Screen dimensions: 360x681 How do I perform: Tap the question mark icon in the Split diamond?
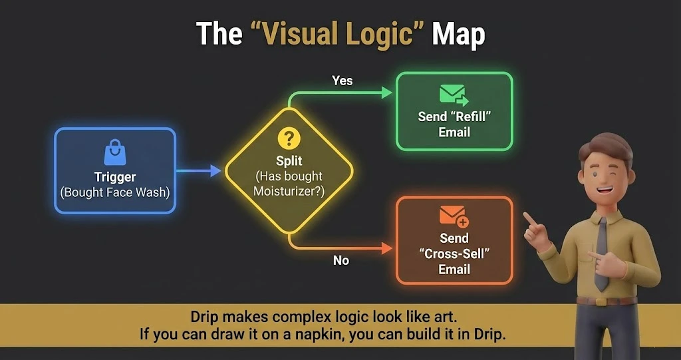(x=289, y=139)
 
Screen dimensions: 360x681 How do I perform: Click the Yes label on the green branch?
(x=342, y=81)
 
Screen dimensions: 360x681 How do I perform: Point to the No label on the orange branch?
(x=341, y=261)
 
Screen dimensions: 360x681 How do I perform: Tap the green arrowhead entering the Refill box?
(x=387, y=93)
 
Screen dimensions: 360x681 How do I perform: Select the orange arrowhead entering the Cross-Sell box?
(x=387, y=248)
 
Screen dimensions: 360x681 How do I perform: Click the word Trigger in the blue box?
(x=114, y=178)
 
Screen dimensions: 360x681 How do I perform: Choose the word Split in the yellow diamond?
(x=289, y=161)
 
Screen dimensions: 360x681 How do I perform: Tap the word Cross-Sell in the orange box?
(x=454, y=254)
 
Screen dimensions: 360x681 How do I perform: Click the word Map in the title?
(x=458, y=35)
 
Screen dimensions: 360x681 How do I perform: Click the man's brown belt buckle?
(x=604, y=301)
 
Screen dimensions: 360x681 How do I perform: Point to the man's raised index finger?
(x=528, y=218)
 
